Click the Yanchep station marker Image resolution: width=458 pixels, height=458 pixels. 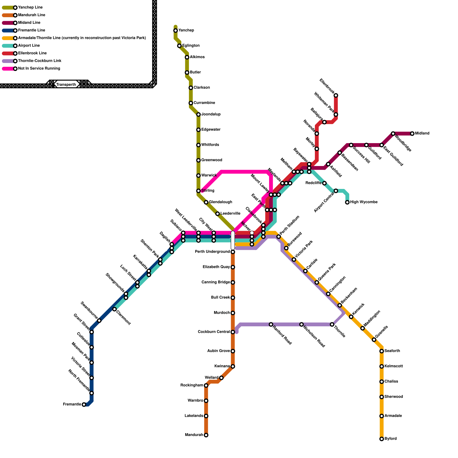tap(175, 31)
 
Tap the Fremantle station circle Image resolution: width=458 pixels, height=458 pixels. tap(84, 404)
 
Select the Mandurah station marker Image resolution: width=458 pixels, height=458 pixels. tap(206, 435)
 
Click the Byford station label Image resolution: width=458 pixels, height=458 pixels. tap(390, 439)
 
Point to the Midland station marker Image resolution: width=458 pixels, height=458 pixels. tap(412, 134)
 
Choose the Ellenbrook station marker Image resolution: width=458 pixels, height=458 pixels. tap(336, 95)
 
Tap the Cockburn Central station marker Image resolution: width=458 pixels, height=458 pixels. tap(233, 332)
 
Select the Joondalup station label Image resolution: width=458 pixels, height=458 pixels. tap(211, 114)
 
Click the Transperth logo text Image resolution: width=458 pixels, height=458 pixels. tap(66, 84)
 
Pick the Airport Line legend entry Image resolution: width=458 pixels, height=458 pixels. tap(29, 46)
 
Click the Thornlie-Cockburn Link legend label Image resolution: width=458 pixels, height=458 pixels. tap(40, 61)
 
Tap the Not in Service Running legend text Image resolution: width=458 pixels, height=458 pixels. tap(39, 68)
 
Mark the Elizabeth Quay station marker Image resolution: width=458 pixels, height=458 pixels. tap(233, 267)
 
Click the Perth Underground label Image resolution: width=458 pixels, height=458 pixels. tap(212, 252)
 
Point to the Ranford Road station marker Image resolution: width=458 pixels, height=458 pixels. tap(271, 324)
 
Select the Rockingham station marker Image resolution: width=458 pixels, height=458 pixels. tap(206, 386)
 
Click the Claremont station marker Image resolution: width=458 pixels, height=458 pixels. tap(114, 309)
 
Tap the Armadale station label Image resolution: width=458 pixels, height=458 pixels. tap(393, 416)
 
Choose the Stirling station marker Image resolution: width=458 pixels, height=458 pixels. tap(198, 191)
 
